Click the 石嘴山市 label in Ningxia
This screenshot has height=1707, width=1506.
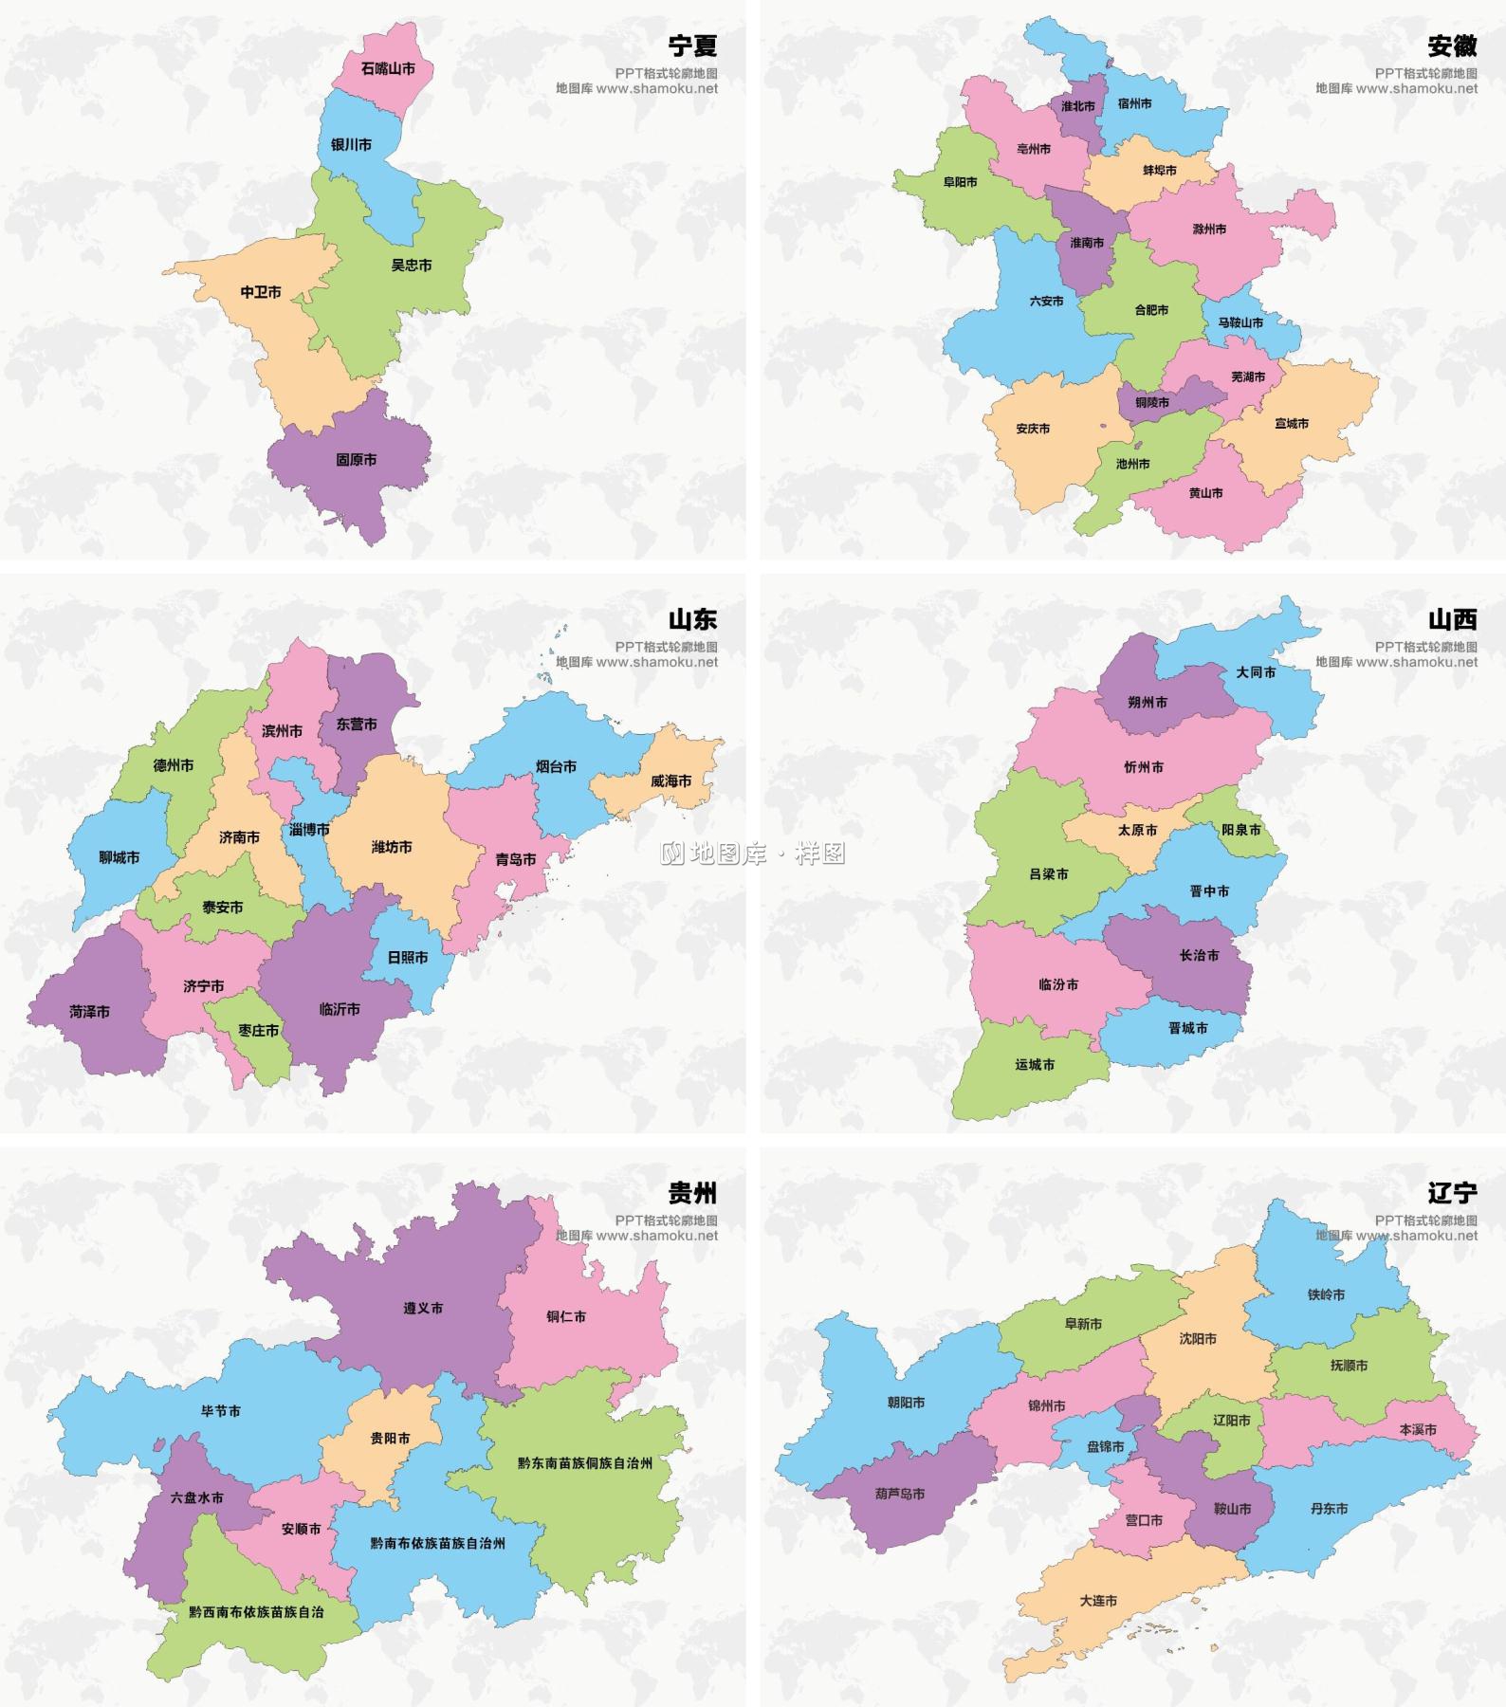pyautogui.click(x=388, y=69)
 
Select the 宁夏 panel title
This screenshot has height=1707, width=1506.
pyautogui.click(x=692, y=46)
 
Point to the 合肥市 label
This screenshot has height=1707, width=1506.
pyautogui.click(x=1151, y=310)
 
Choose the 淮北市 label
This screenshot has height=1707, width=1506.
pyautogui.click(x=1077, y=106)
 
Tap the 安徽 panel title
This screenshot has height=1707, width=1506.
pyautogui.click(x=1452, y=46)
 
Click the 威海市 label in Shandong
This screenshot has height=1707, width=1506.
pyautogui.click(x=670, y=781)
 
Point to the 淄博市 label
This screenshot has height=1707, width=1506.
pyautogui.click(x=310, y=830)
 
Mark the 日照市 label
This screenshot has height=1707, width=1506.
pyautogui.click(x=408, y=958)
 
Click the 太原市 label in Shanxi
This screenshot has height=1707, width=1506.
pyautogui.click(x=1137, y=830)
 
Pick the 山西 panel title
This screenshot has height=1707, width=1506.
pyautogui.click(x=1452, y=619)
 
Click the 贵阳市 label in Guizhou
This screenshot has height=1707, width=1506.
pyautogui.click(x=390, y=1439)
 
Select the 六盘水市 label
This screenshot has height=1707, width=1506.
pyautogui.click(x=197, y=1498)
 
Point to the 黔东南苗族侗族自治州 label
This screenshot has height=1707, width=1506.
pyautogui.click(x=585, y=1463)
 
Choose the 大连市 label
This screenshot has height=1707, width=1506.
pyautogui.click(x=1098, y=1601)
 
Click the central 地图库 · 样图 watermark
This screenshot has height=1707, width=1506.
pyautogui.click(x=753, y=854)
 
